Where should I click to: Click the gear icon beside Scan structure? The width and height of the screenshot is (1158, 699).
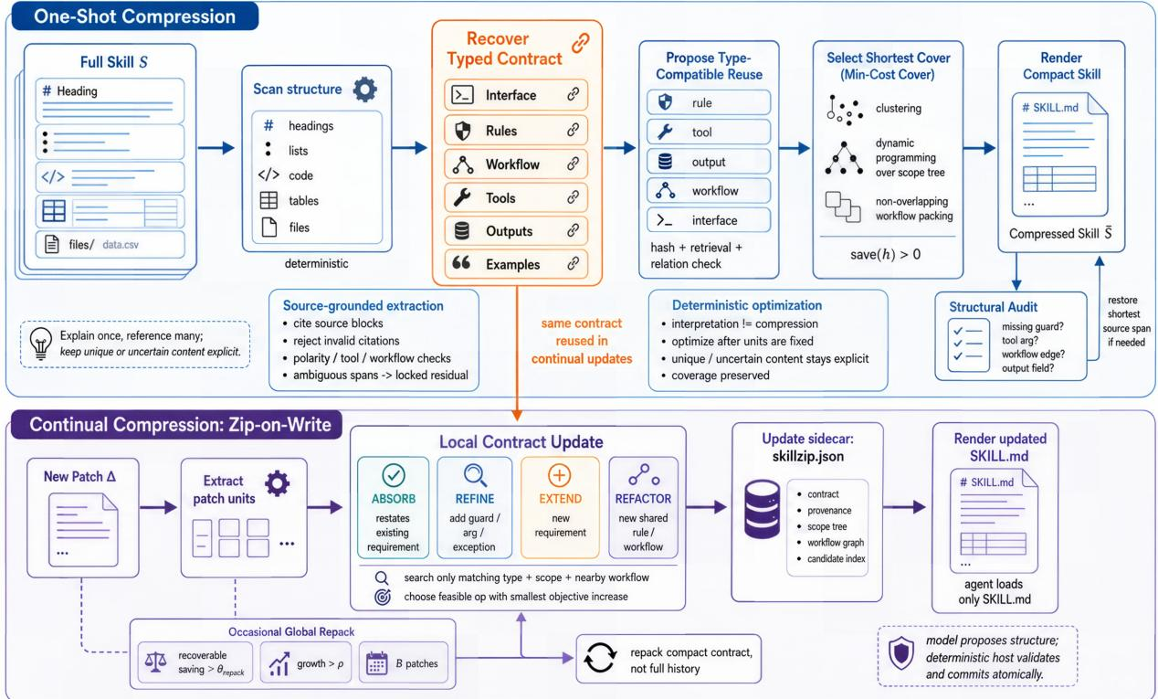pyautogui.click(x=364, y=90)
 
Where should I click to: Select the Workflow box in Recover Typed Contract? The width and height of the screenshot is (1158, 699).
pyautogui.click(x=516, y=164)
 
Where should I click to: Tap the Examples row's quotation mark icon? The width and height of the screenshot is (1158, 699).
pyautogui.click(x=461, y=263)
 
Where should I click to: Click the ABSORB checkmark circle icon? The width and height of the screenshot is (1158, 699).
pyautogui.click(x=394, y=475)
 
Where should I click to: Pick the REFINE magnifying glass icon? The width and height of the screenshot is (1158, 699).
pyautogui.click(x=475, y=475)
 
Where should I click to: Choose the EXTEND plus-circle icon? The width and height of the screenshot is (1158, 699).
pyautogui.click(x=559, y=475)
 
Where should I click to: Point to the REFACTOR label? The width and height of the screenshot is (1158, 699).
pyautogui.click(x=643, y=499)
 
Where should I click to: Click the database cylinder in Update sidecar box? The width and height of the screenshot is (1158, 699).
pyautogui.click(x=762, y=510)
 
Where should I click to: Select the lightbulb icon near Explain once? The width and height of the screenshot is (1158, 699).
pyautogui.click(x=41, y=344)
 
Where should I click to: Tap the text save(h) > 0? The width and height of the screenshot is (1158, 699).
pyautogui.click(x=886, y=255)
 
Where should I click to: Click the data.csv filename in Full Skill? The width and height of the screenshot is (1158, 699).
pyautogui.click(x=121, y=245)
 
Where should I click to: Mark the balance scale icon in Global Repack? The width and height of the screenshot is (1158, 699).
pyautogui.click(x=155, y=662)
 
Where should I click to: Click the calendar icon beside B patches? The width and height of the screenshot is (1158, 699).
pyautogui.click(x=376, y=663)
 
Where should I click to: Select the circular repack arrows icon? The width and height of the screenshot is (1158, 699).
pyautogui.click(x=600, y=658)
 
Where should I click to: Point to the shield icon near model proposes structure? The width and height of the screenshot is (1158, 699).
pyautogui.click(x=901, y=653)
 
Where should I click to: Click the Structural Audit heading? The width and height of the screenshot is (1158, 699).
pyautogui.click(x=993, y=307)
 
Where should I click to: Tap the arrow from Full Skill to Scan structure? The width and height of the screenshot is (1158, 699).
pyautogui.click(x=216, y=148)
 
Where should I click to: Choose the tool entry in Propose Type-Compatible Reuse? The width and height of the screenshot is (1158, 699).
pyautogui.click(x=709, y=132)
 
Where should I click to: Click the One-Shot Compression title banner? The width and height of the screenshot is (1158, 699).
pyautogui.click(x=135, y=16)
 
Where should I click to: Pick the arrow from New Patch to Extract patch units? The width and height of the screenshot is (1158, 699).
pyautogui.click(x=158, y=507)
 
